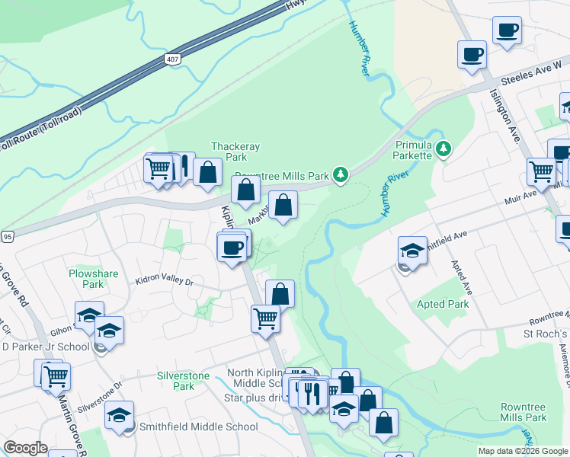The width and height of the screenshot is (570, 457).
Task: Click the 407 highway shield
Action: pos(172,58)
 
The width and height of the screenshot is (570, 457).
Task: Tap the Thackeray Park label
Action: pos(229,152)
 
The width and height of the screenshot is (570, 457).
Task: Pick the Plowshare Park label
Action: pos(85,279)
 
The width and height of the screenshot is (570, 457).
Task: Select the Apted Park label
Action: pos(443,304)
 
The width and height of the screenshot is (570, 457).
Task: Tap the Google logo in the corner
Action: pos(25,448)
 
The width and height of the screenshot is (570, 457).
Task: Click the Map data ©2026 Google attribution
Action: pos(523,451)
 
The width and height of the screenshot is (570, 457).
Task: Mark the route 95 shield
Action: pos(7,237)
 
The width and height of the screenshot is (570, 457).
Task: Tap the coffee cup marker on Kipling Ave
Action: pos(232,247)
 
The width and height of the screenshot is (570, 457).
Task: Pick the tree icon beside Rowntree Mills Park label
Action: pos(341,175)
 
